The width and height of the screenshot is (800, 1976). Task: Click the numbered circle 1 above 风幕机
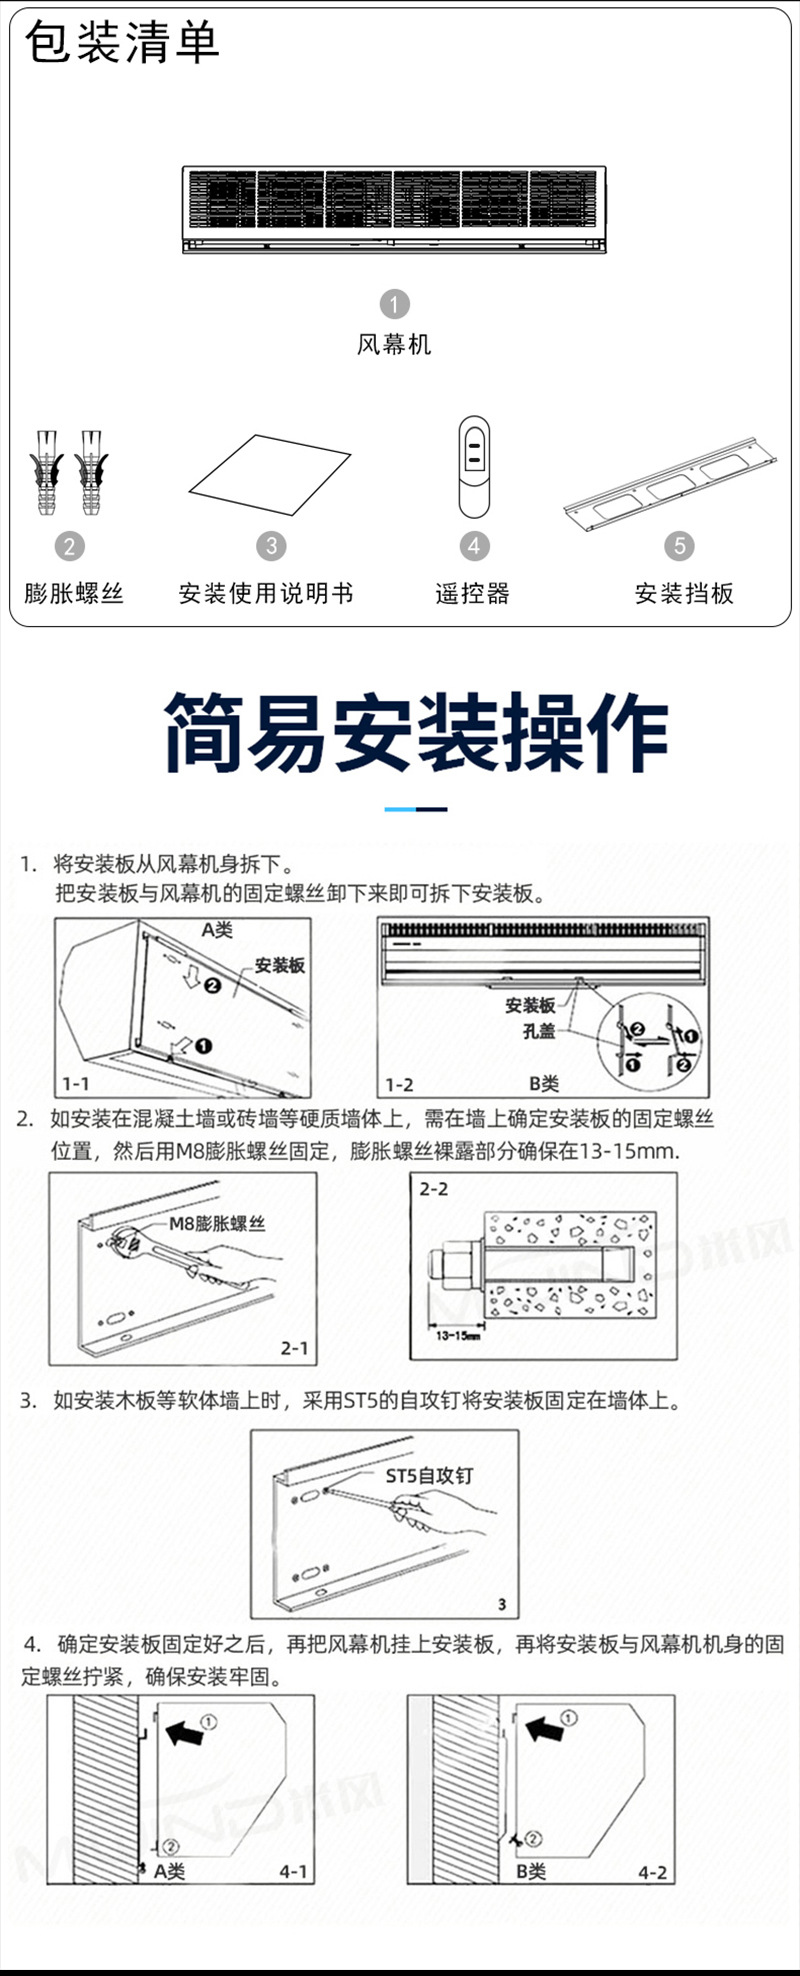394,304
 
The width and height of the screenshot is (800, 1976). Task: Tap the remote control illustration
474,466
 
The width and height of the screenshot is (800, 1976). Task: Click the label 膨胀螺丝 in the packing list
74,593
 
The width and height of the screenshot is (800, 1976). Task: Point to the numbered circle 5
679,545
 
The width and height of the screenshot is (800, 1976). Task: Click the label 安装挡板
684,593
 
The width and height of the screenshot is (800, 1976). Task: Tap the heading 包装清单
122,42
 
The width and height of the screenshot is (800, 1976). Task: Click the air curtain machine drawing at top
394,208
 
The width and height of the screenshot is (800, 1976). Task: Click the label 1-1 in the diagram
75,1083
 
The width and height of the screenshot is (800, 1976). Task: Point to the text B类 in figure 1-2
543,1083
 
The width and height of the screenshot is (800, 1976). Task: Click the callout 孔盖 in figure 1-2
538,1031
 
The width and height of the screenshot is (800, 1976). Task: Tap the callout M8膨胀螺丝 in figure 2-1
217,1223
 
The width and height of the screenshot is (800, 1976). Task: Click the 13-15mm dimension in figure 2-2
459,1335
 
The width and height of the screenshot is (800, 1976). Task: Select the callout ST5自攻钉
429,1475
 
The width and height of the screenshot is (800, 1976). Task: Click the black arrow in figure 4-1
184,1733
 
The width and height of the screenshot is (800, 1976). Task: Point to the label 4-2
652,1872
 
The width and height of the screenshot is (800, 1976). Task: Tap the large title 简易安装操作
415,734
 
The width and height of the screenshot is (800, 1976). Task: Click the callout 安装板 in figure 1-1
279,965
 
